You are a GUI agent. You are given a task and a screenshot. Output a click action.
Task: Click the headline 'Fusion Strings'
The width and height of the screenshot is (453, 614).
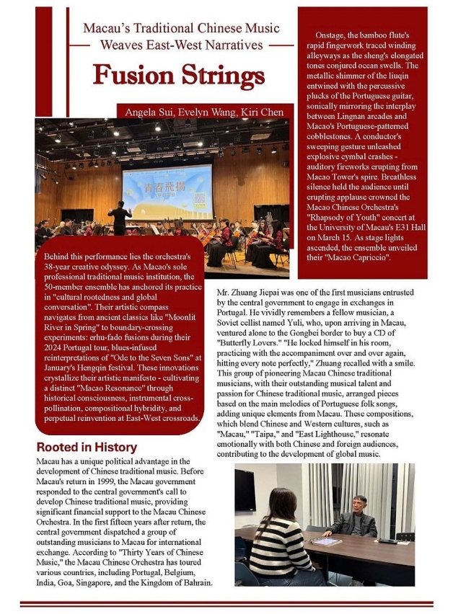[x=179, y=75]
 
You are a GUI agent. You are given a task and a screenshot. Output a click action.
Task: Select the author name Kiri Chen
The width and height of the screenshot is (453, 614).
[x=268, y=112]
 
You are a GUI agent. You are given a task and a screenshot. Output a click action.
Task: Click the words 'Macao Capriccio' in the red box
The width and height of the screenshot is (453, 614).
[x=354, y=277]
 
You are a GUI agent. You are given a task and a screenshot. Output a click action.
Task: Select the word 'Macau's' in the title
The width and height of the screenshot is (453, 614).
[x=107, y=30]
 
